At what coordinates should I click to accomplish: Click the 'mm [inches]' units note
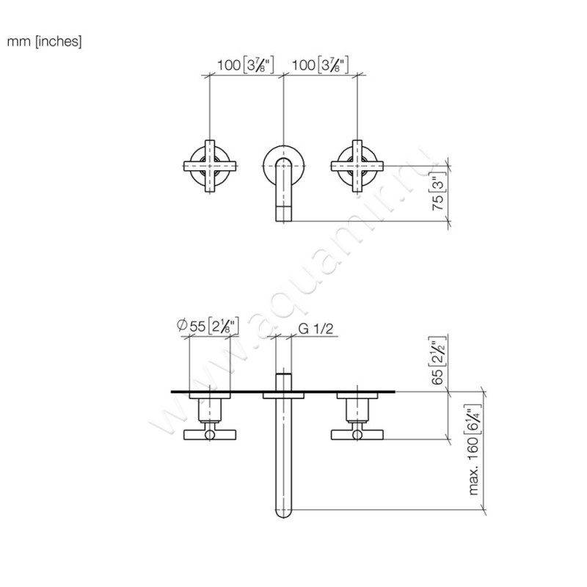(x=45, y=41)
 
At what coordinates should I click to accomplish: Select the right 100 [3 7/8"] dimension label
(x=319, y=65)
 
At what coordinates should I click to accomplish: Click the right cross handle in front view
(x=357, y=166)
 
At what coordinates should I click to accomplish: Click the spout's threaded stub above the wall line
(x=283, y=382)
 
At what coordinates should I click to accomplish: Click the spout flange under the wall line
(x=283, y=397)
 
